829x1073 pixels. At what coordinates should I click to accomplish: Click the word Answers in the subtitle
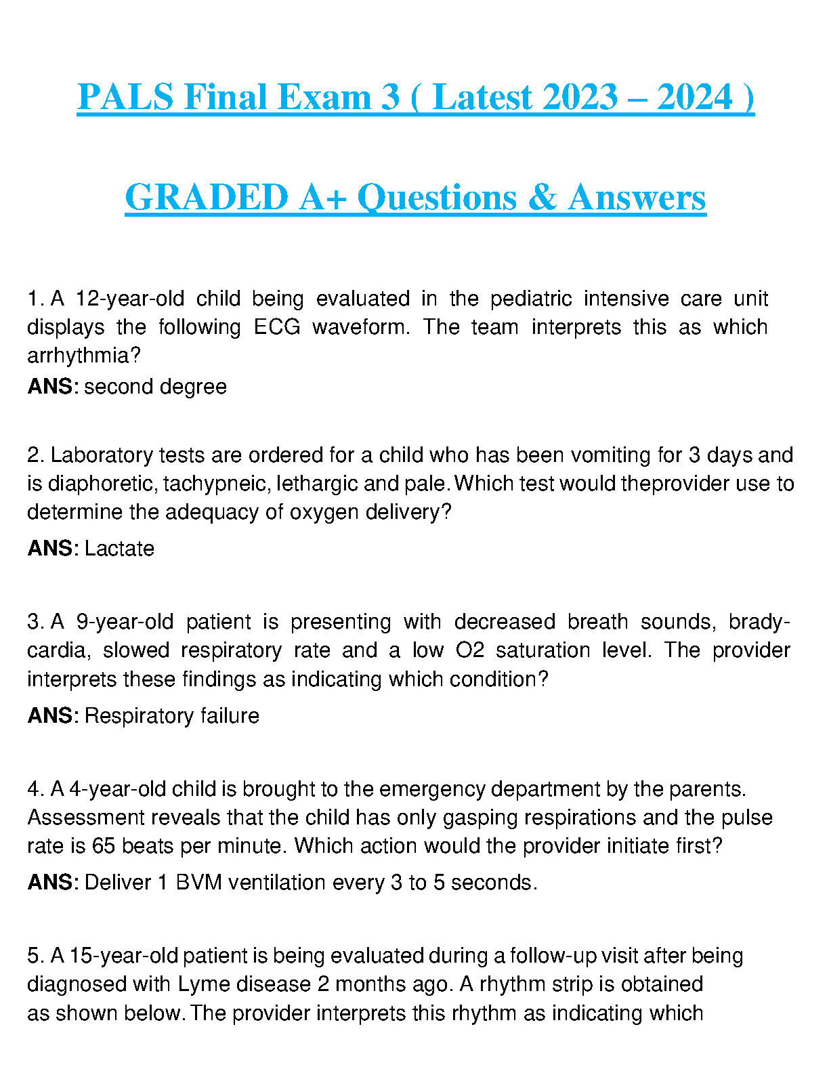(x=637, y=198)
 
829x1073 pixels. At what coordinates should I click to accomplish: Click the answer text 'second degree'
(x=156, y=387)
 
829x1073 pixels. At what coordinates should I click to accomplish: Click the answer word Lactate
(x=119, y=549)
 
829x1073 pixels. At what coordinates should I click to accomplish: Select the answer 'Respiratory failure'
(x=172, y=716)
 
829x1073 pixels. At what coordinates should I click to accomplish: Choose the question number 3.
(x=34, y=622)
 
